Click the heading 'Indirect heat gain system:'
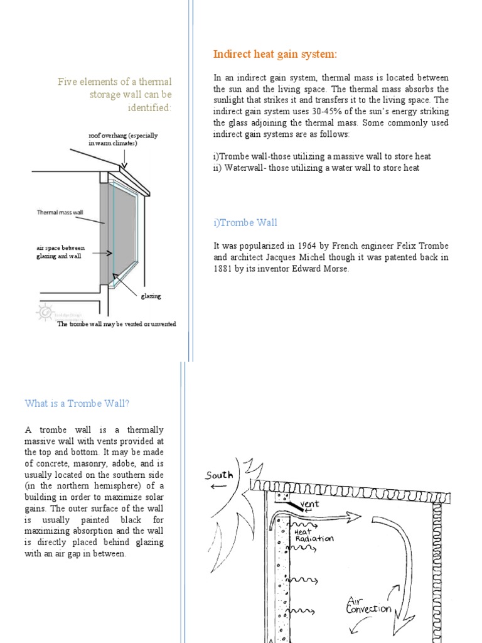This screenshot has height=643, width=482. [x=275, y=55]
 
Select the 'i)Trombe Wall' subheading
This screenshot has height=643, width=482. [x=245, y=222]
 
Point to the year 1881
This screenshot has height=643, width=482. [x=225, y=269]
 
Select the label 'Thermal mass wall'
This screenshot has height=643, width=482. [x=60, y=212]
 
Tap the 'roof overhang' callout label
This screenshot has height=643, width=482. [x=123, y=139]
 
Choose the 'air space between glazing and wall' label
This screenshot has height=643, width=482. [x=60, y=252]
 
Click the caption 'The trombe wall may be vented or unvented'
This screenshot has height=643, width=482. [x=117, y=324]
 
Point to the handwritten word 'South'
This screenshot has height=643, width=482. [x=218, y=475]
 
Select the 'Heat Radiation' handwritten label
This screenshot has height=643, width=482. [x=314, y=535]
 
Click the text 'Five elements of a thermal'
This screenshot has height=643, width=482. [x=114, y=82]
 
